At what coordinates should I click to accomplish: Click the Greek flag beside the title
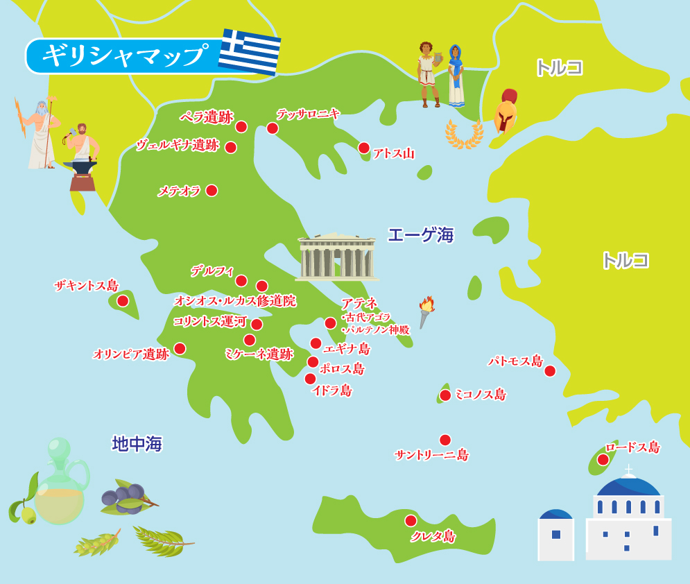point(250,51)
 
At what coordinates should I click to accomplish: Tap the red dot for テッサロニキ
point(273,128)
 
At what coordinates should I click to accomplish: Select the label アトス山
point(393,153)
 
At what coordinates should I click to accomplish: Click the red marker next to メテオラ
point(212,190)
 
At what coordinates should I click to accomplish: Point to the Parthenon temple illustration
point(337,257)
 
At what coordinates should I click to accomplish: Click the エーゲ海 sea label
point(420,235)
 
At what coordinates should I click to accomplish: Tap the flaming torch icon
point(425,311)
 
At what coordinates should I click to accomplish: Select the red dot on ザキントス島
point(123,300)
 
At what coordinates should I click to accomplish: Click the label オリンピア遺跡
point(131,354)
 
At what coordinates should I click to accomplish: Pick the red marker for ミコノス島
point(445,395)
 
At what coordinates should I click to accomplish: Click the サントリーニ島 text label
point(431,455)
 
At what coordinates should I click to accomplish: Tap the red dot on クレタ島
point(411,520)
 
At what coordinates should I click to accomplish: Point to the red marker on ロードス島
point(603,459)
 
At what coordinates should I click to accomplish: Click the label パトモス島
point(515,361)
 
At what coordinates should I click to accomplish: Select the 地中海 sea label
point(137,444)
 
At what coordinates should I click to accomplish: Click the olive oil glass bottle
point(60,486)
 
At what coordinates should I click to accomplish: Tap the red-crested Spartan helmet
point(506,111)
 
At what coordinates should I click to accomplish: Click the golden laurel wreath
point(464,135)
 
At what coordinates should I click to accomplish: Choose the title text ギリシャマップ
point(125,55)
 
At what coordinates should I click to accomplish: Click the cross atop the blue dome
point(628,470)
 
